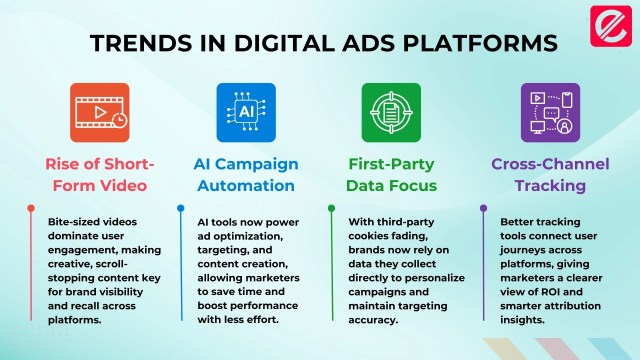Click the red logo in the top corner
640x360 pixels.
pyautogui.click(x=611, y=26)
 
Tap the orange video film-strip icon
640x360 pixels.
pyautogui.click(x=100, y=113)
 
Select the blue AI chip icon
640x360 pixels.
pyautogui.click(x=246, y=113)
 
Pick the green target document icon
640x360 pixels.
pyautogui.click(x=391, y=113)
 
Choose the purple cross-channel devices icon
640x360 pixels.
pyautogui.click(x=550, y=113)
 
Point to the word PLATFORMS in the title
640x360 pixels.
pyautogui.click(x=480, y=43)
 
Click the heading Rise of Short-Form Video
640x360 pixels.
pyautogui.click(x=100, y=175)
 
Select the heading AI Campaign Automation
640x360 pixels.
pyautogui.click(x=246, y=175)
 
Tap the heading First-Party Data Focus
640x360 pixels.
pyautogui.click(x=391, y=175)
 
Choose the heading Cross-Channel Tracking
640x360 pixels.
pyautogui.click(x=550, y=175)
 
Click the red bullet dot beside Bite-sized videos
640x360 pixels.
pyautogui.click(x=31, y=208)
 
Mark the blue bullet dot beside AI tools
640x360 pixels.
pyautogui.click(x=181, y=208)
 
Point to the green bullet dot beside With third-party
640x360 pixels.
pyautogui.click(x=331, y=208)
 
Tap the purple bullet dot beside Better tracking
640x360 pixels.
pyautogui.click(x=483, y=208)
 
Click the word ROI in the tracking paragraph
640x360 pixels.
pyautogui.click(x=551, y=292)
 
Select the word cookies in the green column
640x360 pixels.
pyautogui.click(x=367, y=236)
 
